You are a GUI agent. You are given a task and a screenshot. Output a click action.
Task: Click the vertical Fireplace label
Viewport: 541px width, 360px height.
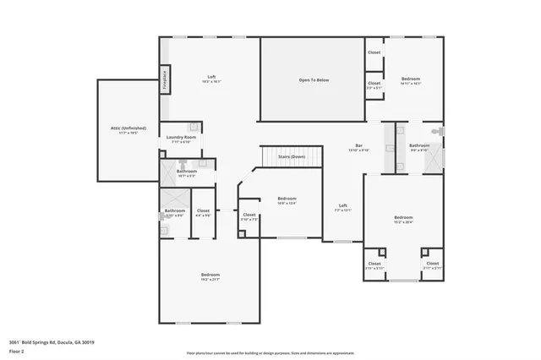[165, 80]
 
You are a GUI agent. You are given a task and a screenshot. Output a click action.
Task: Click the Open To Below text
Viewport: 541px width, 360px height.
[313, 79]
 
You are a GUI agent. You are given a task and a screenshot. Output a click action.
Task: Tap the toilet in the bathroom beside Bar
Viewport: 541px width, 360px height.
[435, 133]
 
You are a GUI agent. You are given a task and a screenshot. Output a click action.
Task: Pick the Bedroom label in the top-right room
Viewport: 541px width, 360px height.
[410, 79]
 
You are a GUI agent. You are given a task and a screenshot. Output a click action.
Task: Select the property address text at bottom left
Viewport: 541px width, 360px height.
[51, 341]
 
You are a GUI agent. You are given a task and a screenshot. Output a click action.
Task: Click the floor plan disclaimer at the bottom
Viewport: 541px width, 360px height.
[270, 352]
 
